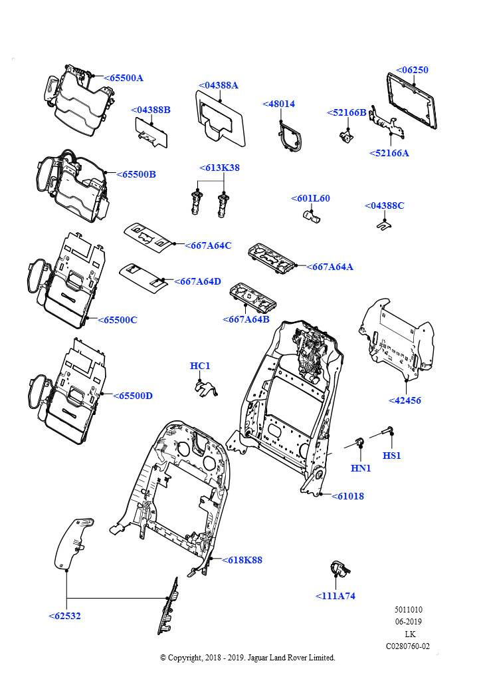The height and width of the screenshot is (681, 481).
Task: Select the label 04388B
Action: point(151,110)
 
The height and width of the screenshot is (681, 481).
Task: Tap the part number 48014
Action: point(279,104)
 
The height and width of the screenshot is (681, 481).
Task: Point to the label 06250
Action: point(413,70)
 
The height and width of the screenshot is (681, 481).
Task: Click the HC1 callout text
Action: point(200,366)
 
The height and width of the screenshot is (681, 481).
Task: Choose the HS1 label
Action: point(392,456)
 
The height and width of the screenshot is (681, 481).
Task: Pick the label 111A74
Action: point(336,596)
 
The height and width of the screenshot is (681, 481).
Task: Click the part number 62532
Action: point(65,616)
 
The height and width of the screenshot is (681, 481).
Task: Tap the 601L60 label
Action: point(311,198)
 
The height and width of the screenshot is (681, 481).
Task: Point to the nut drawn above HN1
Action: point(359,442)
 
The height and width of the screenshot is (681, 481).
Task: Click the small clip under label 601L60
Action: point(310,215)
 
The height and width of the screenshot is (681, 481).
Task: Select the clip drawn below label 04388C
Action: point(383,225)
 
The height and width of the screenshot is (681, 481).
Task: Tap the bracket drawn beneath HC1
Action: point(206,389)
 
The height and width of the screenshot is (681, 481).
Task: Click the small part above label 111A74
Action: point(339,569)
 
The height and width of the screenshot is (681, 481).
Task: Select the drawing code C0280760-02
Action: point(408,646)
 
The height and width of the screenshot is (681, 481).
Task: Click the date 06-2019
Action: point(409,622)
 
